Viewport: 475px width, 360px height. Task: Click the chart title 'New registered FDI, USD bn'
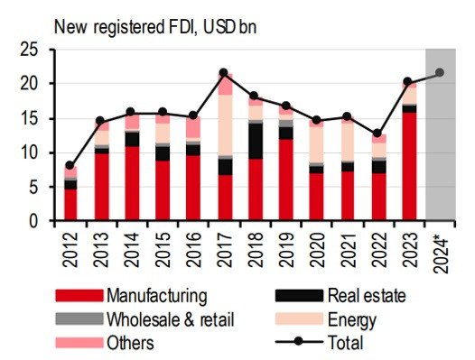pos(150,26)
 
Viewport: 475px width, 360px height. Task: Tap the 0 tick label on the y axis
pos(35,221)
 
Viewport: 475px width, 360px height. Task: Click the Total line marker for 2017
pos(224,73)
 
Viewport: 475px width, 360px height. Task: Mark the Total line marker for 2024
pos(440,73)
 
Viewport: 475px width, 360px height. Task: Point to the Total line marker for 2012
pos(70,166)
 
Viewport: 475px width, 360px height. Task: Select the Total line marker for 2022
pos(377,134)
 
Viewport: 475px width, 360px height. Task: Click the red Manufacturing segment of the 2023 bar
pos(408,167)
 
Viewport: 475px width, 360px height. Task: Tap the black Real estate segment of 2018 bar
pos(255,141)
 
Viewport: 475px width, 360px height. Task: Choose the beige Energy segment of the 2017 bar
pos(224,125)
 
